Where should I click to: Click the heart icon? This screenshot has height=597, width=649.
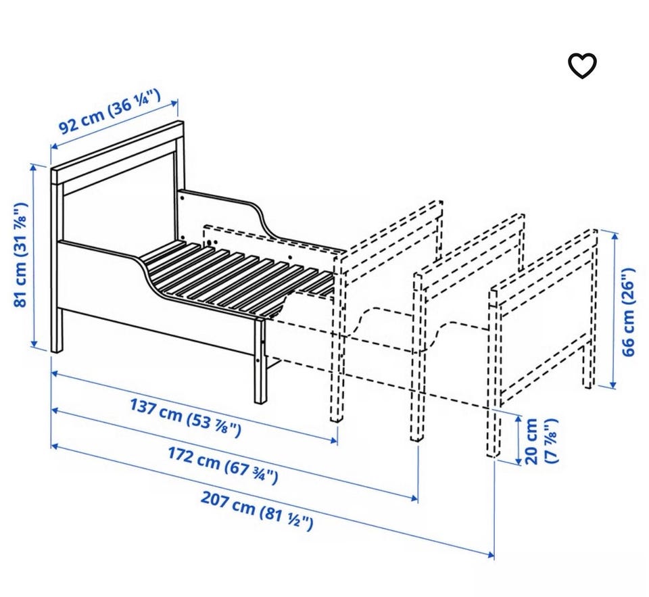click(581, 66)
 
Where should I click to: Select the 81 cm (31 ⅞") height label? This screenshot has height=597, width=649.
click(21, 255)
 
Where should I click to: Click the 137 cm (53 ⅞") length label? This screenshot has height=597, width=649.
click(185, 416)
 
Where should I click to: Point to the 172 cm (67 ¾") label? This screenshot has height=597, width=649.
click(222, 465)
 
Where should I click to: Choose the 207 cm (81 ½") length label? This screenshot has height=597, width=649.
click(257, 510)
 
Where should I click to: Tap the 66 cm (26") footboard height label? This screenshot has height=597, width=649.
click(628, 312)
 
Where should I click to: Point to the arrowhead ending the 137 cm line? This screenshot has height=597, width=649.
click(333, 440)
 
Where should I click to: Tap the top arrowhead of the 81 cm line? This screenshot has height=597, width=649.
click(34, 167)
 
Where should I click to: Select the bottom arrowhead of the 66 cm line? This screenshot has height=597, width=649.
click(613, 385)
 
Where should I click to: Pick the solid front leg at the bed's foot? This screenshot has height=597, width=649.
click(261, 360)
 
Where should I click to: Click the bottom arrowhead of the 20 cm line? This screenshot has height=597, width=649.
click(518, 460)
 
